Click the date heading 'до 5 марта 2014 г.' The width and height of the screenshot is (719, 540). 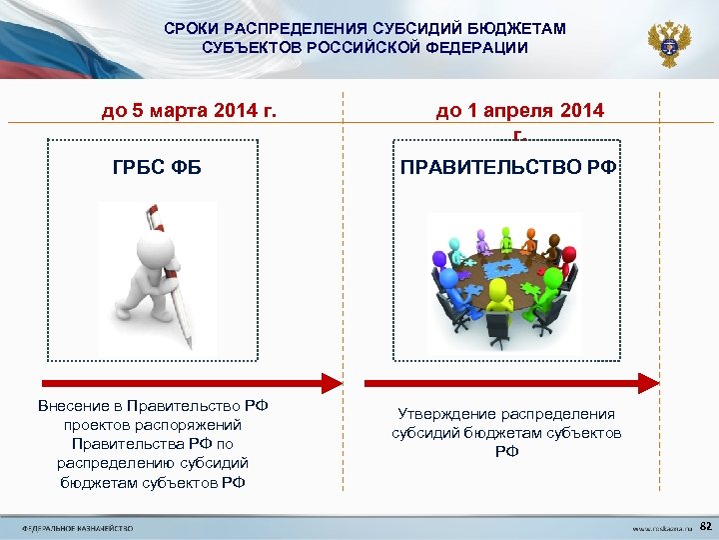pyautogui.click(x=189, y=109)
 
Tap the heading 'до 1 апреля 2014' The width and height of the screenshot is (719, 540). pyautogui.click(x=519, y=110)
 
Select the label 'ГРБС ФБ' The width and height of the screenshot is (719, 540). pyautogui.click(x=157, y=166)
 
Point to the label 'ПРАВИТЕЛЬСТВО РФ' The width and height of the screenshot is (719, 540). pyautogui.click(x=508, y=166)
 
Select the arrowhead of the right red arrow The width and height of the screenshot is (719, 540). pyautogui.click(x=648, y=382)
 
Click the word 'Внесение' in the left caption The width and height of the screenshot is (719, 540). pyautogui.click(x=72, y=406)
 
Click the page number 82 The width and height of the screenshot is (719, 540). pyautogui.click(x=706, y=526)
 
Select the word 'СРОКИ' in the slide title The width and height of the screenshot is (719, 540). pyautogui.click(x=189, y=29)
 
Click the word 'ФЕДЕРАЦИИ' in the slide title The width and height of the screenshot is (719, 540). pyautogui.click(x=478, y=47)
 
